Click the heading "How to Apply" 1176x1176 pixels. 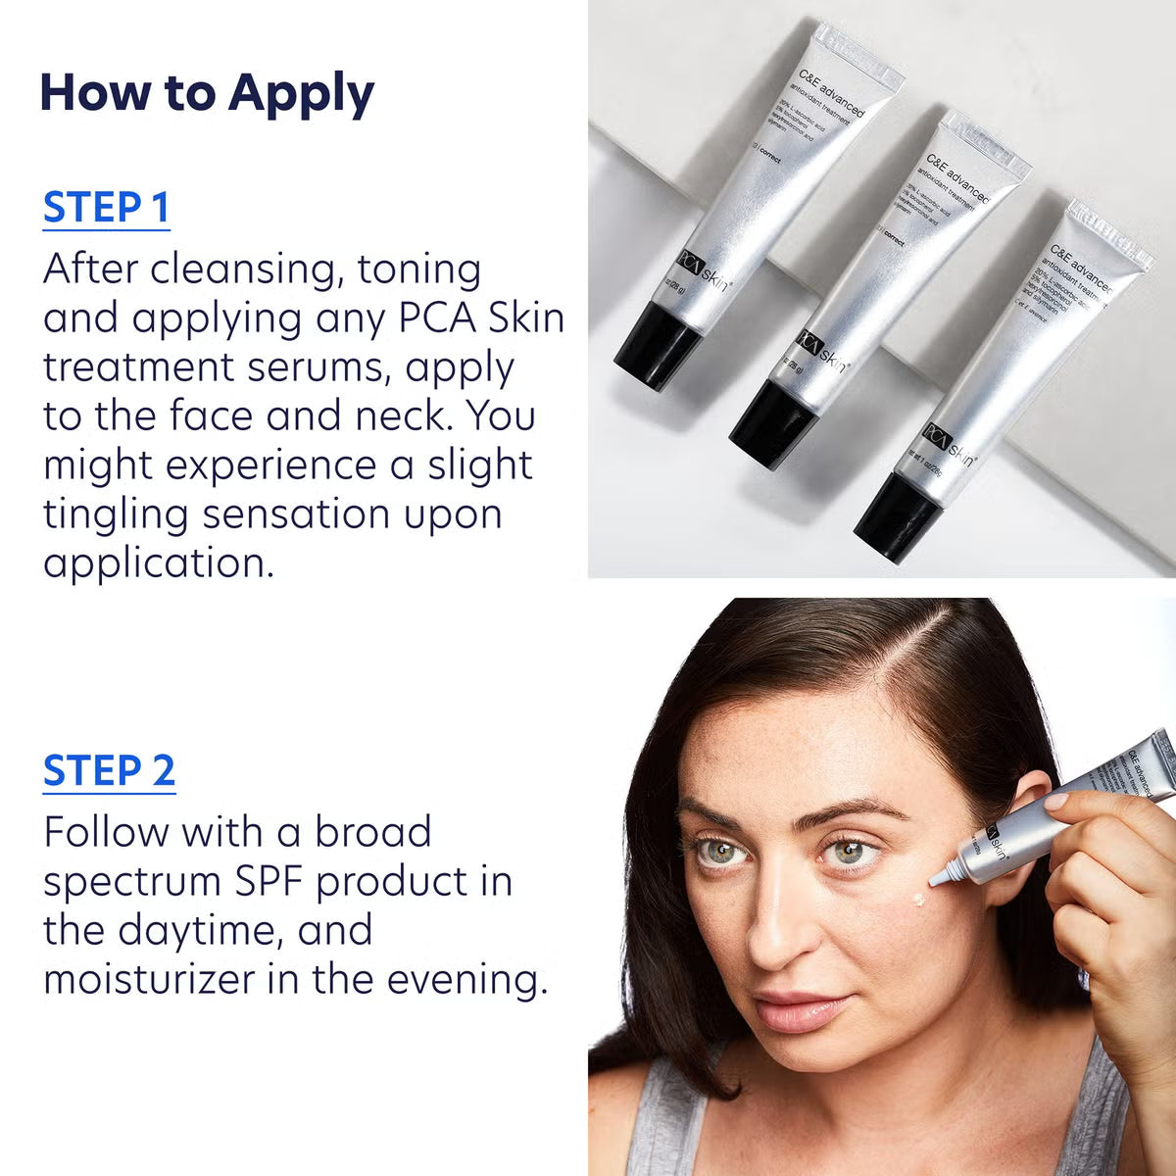[x=207, y=93]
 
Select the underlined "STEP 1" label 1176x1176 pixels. [x=106, y=208]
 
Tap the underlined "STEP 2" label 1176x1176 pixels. [x=109, y=770]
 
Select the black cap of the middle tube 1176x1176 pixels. [x=773, y=413]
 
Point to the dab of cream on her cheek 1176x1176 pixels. [x=919, y=899]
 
